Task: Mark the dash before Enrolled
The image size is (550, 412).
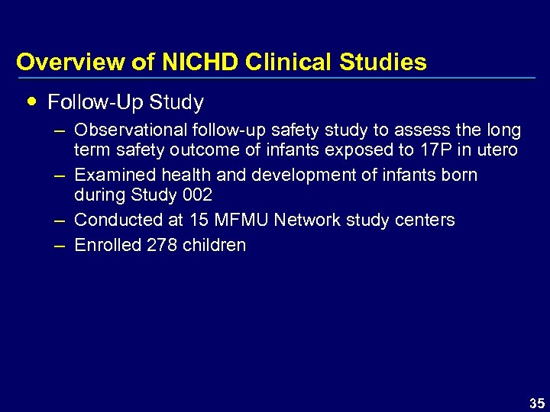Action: (x=58, y=246)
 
